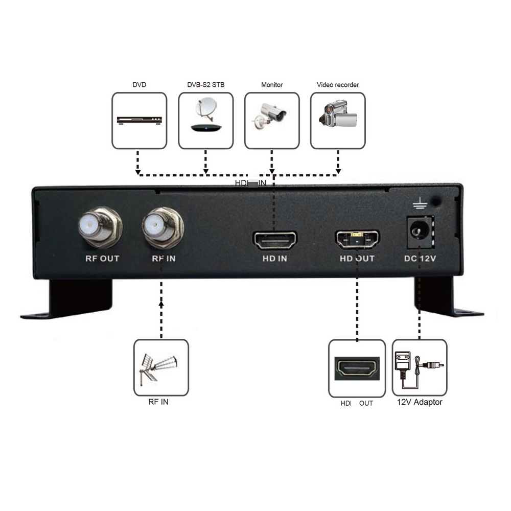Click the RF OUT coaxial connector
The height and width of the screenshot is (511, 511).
pos(100,225)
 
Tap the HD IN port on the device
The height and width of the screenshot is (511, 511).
pos(275,240)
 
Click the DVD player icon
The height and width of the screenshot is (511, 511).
pos(140,121)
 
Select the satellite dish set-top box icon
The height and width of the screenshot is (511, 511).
pos(205,119)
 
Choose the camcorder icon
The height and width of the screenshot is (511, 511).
pos(337,118)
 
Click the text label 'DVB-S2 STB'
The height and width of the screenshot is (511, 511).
pos(205,85)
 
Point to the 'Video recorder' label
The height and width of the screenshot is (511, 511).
pos(338,85)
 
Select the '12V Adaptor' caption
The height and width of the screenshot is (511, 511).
pos(420,403)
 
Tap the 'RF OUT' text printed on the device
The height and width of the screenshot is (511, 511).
pos(102,259)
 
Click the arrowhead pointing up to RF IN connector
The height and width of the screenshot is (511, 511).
pos(161,304)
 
